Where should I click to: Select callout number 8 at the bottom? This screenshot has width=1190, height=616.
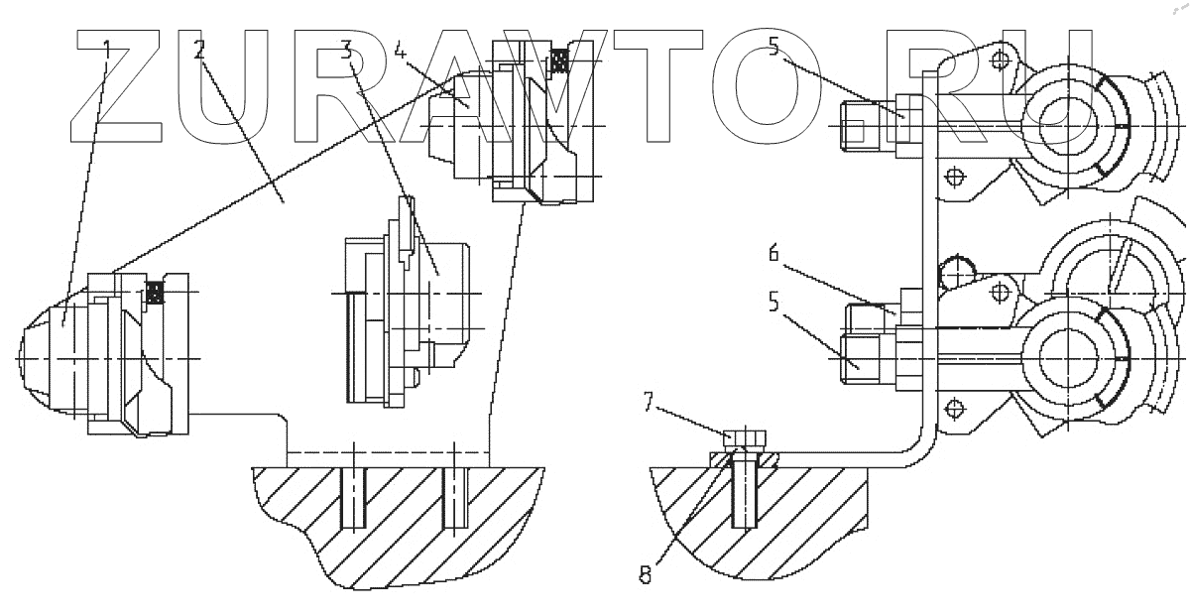(646, 573)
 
